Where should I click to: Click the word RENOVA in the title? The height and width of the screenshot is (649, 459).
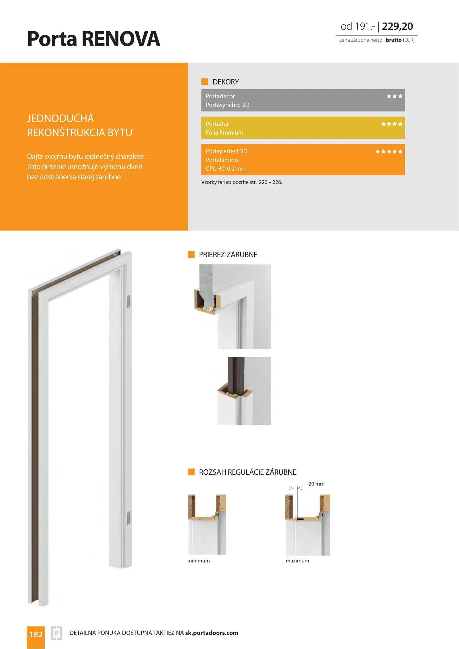pyautogui.click(x=121, y=39)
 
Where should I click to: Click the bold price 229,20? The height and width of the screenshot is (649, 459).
pyautogui.click(x=397, y=26)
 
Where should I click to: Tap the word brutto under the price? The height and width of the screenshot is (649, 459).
pyautogui.click(x=393, y=40)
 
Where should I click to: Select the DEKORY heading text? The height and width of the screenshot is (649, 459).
pyautogui.click(x=225, y=82)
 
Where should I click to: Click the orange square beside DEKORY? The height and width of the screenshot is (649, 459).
pyautogui.click(x=205, y=82)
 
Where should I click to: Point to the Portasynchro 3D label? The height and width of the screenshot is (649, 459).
pyautogui.click(x=228, y=105)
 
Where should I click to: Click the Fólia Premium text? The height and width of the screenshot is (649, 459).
pyautogui.click(x=224, y=133)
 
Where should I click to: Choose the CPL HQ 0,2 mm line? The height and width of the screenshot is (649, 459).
pyautogui.click(x=226, y=169)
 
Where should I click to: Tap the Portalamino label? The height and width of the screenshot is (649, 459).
pyautogui.click(x=222, y=160)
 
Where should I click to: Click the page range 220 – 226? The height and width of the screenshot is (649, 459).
pyautogui.click(x=270, y=182)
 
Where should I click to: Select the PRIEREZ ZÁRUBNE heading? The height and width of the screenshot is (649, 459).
pyautogui.click(x=228, y=254)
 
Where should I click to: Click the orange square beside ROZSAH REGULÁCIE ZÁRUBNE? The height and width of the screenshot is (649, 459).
pyautogui.click(x=191, y=472)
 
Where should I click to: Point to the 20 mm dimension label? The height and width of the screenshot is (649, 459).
pyautogui.click(x=316, y=484)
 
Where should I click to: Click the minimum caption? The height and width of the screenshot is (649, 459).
pyautogui.click(x=198, y=561)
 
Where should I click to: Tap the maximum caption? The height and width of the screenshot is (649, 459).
pyautogui.click(x=297, y=561)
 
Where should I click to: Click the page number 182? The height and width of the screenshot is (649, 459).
pyautogui.click(x=36, y=634)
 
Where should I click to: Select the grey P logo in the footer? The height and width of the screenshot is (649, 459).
pyautogui.click(x=57, y=633)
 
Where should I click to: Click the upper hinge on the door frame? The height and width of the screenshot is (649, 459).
pyautogui.click(x=129, y=301)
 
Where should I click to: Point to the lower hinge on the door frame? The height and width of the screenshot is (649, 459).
pyautogui.click(x=129, y=518)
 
